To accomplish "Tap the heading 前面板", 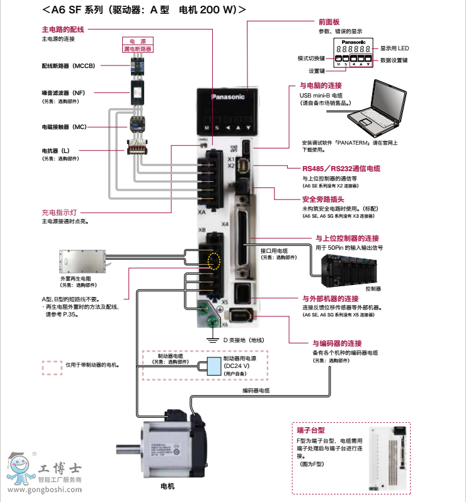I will tap(330, 21).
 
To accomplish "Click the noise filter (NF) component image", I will tap(137, 92).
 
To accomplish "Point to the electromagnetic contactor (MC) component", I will tap(137, 123).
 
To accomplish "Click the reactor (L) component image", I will tap(137, 147).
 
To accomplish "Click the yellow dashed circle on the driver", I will tap(214, 260).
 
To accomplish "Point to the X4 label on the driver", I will tap(225, 224).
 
